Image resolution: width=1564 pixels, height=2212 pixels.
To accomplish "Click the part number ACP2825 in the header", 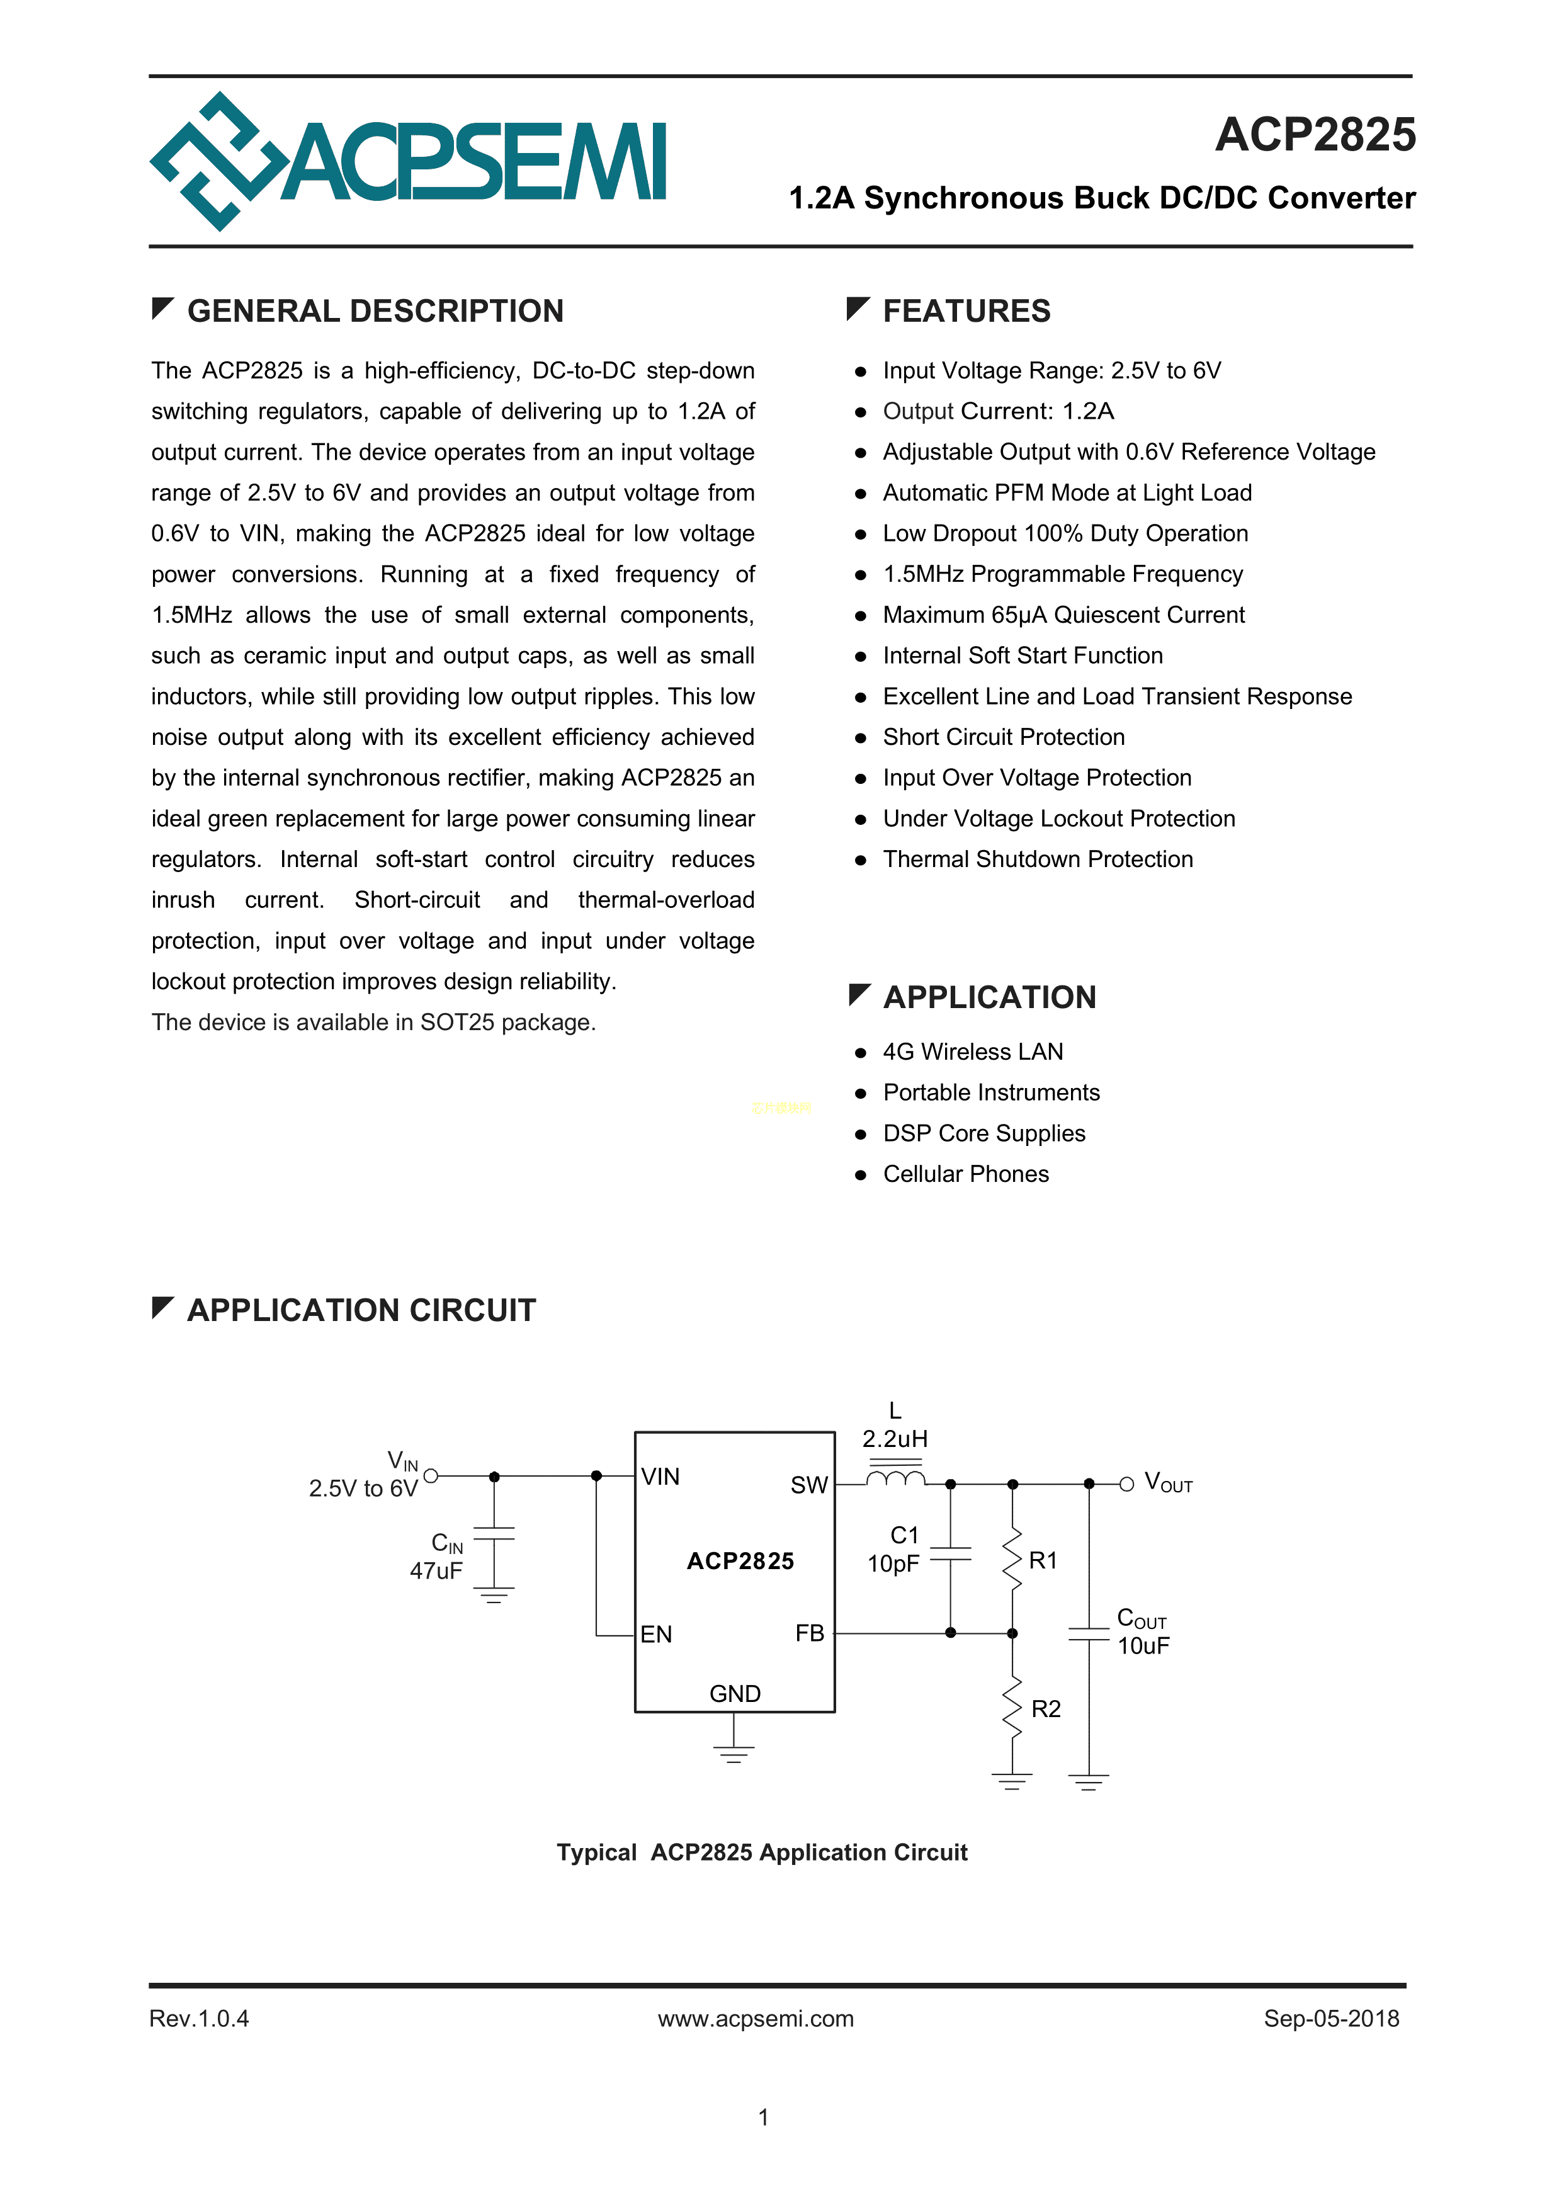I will pyautogui.click(x=1315, y=135).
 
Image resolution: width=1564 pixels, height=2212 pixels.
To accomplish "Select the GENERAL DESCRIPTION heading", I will pyautogui.click(x=375, y=311).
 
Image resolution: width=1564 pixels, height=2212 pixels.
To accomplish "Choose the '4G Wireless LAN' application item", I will pyautogui.click(x=972, y=1052).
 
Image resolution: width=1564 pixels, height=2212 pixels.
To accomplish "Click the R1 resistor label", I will pyautogui.click(x=1043, y=1561).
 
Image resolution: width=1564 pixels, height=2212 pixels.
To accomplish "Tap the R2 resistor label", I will pyautogui.click(x=1046, y=1709).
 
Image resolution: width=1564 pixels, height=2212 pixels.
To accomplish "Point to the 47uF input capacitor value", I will pyautogui.click(x=436, y=1572).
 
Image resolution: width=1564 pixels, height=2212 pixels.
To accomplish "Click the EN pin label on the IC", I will pyautogui.click(x=656, y=1634).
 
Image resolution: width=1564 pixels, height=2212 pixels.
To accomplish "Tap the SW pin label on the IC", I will pyautogui.click(x=808, y=1485).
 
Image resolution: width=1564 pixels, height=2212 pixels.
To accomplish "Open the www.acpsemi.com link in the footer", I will pyautogui.click(x=756, y=2018).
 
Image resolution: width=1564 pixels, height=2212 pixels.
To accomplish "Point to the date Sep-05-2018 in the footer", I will pyautogui.click(x=1331, y=2018).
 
